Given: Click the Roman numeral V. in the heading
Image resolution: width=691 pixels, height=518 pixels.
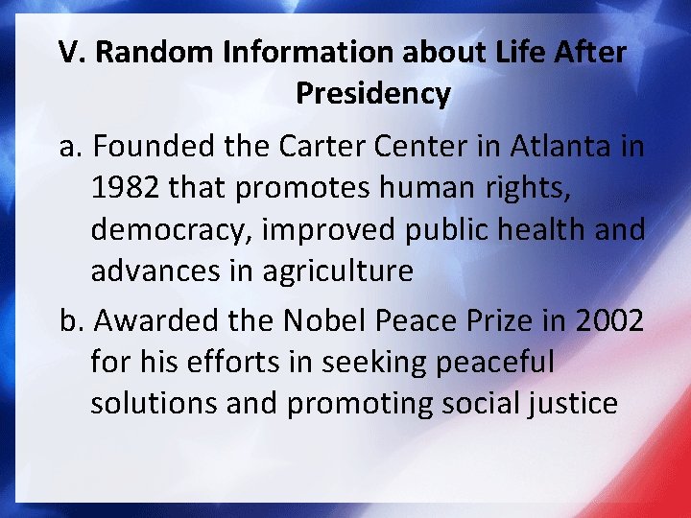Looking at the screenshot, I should point(72,52).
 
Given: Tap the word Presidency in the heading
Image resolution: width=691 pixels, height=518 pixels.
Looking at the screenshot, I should point(372,93).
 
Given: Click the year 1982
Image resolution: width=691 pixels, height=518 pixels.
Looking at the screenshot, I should point(126,189).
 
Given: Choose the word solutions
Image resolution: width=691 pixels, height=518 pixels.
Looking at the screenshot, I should point(155,403).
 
